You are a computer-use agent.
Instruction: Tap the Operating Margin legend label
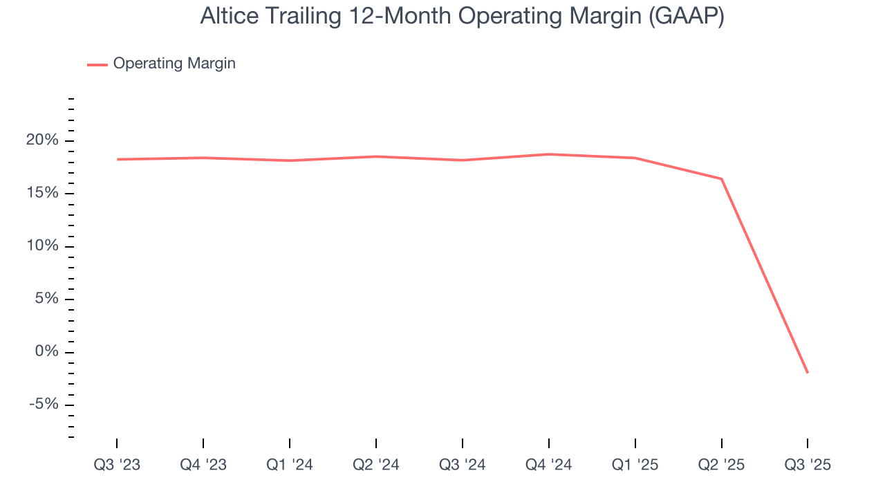coord(174,64)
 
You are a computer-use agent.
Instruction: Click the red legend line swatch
coord(97,64)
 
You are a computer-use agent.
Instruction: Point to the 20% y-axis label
coord(43,140)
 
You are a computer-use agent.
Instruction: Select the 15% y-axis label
coord(43,194)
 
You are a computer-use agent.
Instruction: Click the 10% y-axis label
coord(43,246)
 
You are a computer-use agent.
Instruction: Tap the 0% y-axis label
coord(47,352)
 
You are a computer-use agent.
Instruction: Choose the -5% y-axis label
coord(44,405)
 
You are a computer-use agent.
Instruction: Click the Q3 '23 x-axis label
coord(117,465)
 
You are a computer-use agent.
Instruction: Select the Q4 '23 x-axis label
coord(203,465)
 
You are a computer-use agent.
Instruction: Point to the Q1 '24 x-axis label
coord(290,465)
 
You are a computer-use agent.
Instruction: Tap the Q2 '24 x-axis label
coord(376,465)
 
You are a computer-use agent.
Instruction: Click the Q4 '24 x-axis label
coord(549,465)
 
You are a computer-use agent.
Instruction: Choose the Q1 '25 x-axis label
coord(635,465)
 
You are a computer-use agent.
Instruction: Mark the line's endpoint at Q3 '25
coord(808,373)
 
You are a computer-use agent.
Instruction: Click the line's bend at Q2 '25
coord(722,179)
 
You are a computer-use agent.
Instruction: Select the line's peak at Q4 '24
coord(549,154)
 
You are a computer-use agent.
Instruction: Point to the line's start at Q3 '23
coord(117,159)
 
